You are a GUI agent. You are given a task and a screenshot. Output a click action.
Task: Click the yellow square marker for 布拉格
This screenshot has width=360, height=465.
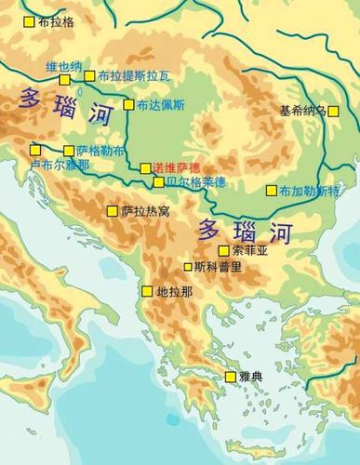pos(31,20)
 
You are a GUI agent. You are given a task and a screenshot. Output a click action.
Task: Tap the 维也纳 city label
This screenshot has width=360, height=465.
pos(63,66)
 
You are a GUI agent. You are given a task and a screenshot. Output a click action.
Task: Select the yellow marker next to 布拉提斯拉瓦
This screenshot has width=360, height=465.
pos(89,76)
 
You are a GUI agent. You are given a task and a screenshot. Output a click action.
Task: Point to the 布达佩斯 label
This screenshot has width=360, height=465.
pos(161,105)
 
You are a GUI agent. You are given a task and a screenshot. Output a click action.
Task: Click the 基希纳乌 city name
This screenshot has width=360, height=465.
pos(302,111)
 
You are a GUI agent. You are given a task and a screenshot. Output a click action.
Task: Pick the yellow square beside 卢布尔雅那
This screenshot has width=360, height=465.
pos(35,149)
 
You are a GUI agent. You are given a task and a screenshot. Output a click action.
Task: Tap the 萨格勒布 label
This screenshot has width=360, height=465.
pos(96,151)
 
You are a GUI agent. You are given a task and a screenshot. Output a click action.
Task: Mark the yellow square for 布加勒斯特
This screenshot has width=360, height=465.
pos(272,191)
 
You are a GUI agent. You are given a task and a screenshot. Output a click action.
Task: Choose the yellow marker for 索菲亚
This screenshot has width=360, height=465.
pos(223,250)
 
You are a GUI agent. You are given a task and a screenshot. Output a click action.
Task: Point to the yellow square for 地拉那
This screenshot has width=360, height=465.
pos(147,291)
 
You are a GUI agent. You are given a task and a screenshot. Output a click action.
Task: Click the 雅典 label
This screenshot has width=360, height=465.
pos(252,377)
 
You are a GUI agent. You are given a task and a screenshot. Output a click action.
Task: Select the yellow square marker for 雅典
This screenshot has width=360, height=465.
pos(231,377)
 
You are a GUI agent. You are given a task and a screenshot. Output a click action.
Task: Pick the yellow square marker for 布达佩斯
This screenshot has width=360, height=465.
pos(128,104)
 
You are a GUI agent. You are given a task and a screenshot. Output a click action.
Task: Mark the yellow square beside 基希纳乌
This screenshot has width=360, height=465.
pos(333,111)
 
